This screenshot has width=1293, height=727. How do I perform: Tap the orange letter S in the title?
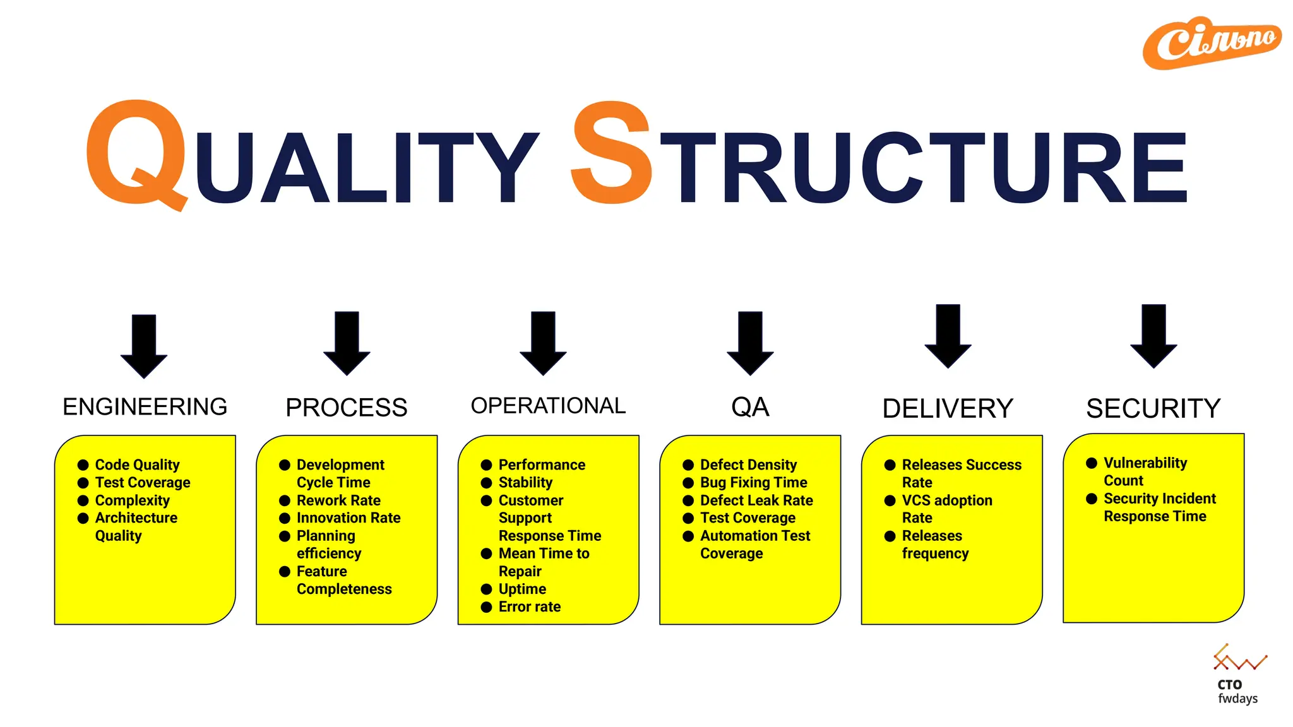click(x=611, y=153)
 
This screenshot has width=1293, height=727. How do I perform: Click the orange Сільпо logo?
click(x=1212, y=43)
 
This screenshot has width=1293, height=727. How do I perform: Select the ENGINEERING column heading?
click(x=145, y=407)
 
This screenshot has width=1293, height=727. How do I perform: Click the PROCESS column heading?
click(x=346, y=408)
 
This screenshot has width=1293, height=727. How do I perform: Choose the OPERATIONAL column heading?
click(x=548, y=406)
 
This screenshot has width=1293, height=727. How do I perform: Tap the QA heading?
click(x=750, y=407)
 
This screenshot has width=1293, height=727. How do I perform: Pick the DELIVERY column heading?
click(x=947, y=409)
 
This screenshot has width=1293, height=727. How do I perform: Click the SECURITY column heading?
click(x=1153, y=409)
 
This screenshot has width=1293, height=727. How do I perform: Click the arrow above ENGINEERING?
click(x=144, y=346)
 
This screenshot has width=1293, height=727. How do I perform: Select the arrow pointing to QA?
click(x=750, y=343)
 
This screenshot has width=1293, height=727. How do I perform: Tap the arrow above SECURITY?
click(x=1153, y=336)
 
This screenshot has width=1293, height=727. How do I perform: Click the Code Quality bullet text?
click(x=137, y=465)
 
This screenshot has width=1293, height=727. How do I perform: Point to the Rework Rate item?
click(x=338, y=500)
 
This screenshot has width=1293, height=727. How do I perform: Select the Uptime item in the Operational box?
click(x=522, y=589)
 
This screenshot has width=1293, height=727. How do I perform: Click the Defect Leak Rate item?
click(x=756, y=500)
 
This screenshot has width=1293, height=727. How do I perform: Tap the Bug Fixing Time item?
click(x=753, y=483)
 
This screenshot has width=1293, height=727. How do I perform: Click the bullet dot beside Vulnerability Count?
click(x=1092, y=463)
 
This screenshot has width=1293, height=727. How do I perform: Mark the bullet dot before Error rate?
click(x=486, y=607)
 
